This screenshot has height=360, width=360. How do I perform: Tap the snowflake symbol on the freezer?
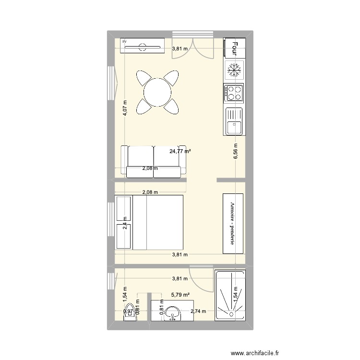click(x=234, y=71)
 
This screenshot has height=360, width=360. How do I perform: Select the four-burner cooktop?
click(x=234, y=93)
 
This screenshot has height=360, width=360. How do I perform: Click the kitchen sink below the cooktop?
click(x=234, y=121)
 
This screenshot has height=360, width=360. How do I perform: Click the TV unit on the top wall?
click(x=142, y=46)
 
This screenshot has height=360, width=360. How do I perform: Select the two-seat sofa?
click(x=153, y=160)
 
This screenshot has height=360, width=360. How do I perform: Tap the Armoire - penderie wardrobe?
click(x=233, y=223)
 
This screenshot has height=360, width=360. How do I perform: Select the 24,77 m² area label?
click(x=180, y=151)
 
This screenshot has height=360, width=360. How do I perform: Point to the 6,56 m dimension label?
click(x=235, y=152)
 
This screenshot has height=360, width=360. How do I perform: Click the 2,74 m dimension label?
click(x=198, y=311)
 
